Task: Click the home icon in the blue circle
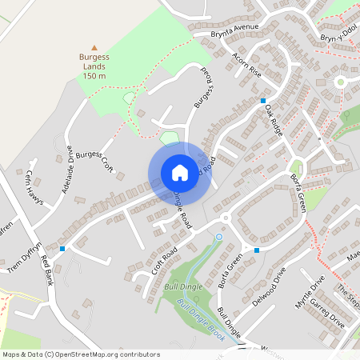179,172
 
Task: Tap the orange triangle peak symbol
94,48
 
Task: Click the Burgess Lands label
94,66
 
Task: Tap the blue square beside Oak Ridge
262,100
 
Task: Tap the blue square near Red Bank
62,249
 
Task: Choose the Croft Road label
164,262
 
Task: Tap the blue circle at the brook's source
219,237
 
